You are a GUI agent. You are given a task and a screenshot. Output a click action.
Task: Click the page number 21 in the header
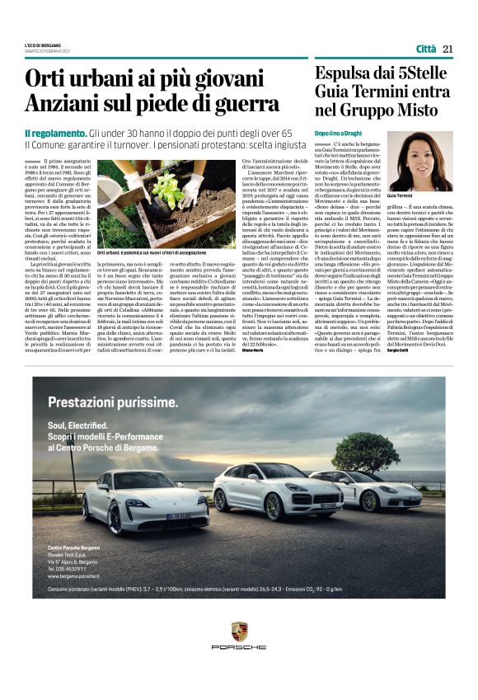pyautogui.click(x=448, y=49)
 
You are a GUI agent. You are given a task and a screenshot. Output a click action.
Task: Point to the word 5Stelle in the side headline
pyautogui.click(x=419, y=73)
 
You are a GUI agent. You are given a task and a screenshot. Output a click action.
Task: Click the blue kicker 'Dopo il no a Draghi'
pyautogui.click(x=339, y=132)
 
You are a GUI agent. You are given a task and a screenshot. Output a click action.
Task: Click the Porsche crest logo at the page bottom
pyautogui.click(x=239, y=633)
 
